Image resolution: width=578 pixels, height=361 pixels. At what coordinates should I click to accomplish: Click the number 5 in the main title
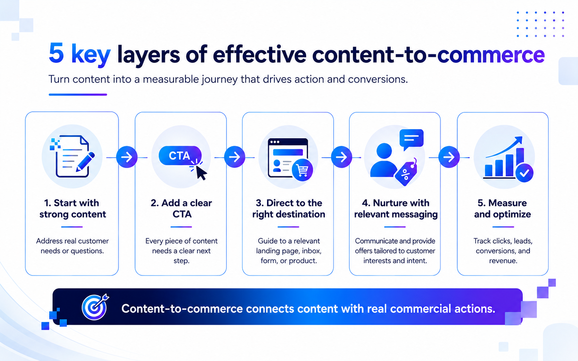coord(56,53)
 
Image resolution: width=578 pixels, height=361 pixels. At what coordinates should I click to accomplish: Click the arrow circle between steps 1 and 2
coord(127,157)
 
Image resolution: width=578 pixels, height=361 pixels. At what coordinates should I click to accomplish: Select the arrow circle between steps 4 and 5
coord(449,157)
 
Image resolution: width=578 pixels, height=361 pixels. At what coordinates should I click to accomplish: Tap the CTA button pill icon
coord(180,155)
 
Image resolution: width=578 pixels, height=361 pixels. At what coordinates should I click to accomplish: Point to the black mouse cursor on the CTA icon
coord(201,172)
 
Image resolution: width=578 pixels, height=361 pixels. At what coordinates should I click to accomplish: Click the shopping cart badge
coord(302,170)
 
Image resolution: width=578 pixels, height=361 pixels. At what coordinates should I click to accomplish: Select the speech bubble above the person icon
coord(411,139)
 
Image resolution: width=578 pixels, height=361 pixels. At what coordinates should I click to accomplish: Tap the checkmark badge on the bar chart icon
coord(524,173)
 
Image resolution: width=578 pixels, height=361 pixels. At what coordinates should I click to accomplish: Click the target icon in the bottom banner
coord(95,307)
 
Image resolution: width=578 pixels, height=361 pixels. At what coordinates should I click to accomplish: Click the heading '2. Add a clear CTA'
coord(181,209)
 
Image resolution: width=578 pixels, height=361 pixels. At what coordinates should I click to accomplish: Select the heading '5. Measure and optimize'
coord(503,209)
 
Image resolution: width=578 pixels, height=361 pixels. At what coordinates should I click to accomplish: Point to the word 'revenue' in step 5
coord(503,261)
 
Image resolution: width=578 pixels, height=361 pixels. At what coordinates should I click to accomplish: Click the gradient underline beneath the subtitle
coord(78,95)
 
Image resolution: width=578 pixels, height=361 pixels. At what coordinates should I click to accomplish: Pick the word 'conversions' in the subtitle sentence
coord(378,79)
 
